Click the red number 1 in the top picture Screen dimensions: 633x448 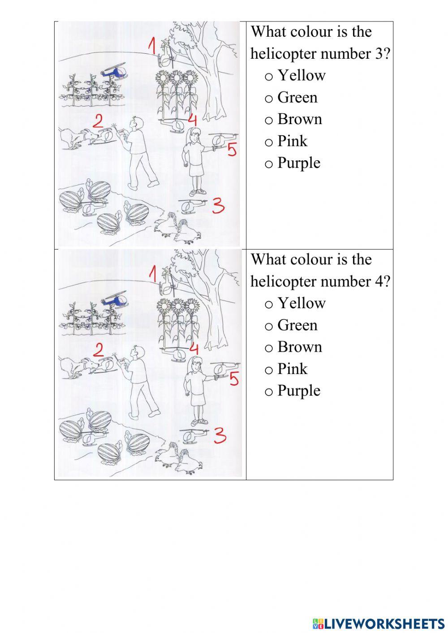[152, 46]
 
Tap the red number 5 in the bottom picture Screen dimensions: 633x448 [234, 379]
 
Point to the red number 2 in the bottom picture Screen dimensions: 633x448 [98, 350]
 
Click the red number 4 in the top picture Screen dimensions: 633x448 [193, 120]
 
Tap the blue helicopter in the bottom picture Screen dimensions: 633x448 [114, 299]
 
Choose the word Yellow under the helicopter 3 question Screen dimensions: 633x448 [301, 75]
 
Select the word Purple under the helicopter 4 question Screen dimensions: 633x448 [298, 391]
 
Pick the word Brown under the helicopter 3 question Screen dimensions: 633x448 [299, 119]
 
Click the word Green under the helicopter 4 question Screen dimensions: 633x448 [297, 325]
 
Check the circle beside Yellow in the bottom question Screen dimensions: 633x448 [268, 305]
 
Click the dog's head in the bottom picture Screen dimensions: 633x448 [89, 365]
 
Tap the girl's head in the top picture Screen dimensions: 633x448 [194, 133]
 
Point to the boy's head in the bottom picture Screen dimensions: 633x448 [137, 353]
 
